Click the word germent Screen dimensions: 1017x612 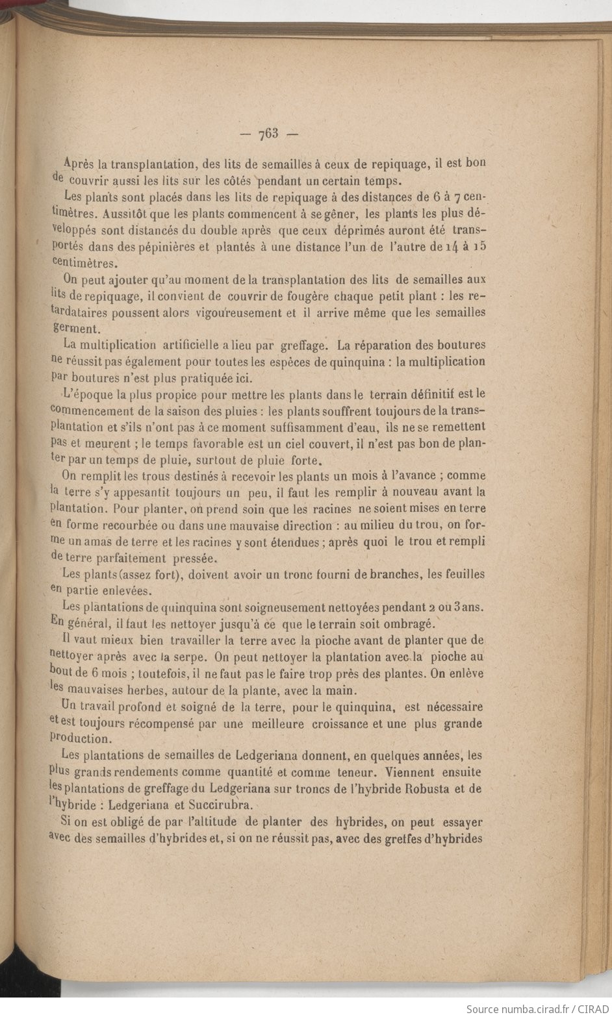click(x=76, y=329)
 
